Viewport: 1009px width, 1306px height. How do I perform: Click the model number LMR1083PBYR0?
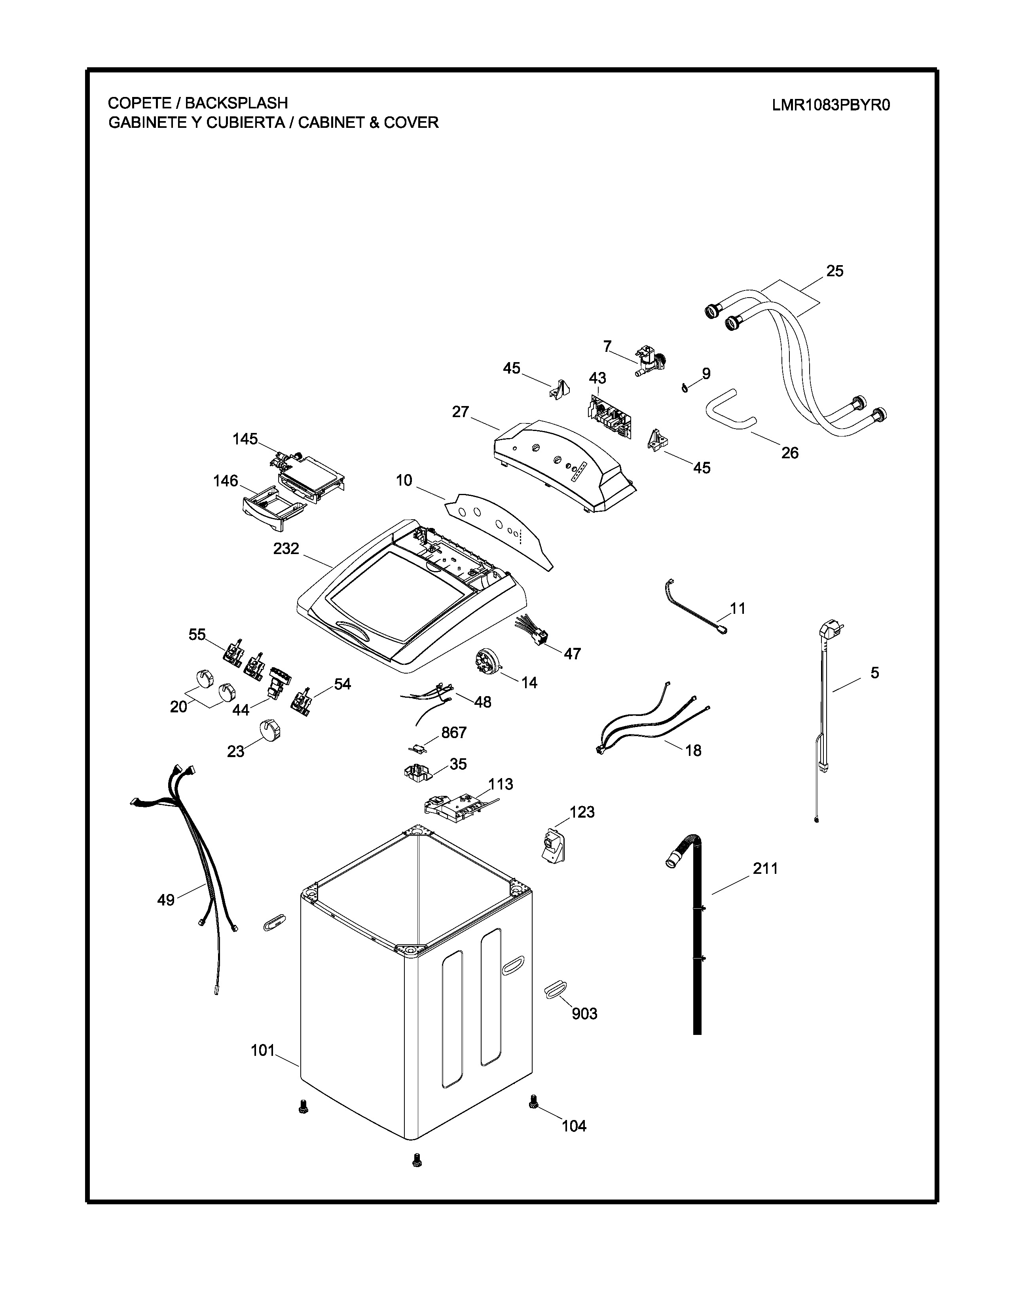[x=831, y=105]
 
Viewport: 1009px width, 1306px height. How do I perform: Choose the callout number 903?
[x=584, y=1013]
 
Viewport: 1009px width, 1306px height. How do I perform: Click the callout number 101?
[x=262, y=1050]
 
